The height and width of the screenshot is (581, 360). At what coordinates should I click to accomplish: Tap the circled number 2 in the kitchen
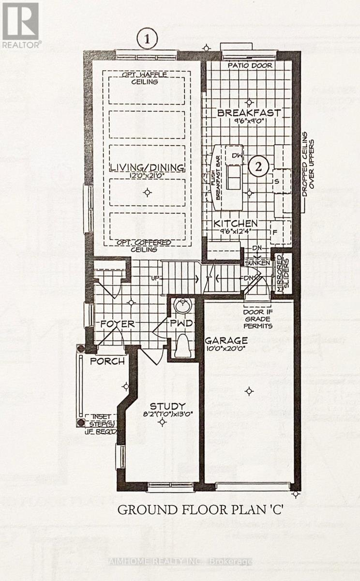(x=260, y=167)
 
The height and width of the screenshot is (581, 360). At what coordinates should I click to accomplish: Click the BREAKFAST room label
(x=249, y=113)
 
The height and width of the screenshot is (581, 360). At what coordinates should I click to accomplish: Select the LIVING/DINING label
(x=147, y=168)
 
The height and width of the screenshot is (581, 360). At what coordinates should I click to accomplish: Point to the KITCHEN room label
(x=236, y=223)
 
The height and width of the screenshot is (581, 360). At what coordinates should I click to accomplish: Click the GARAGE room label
(x=226, y=340)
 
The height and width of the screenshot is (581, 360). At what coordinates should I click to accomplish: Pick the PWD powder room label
(x=182, y=323)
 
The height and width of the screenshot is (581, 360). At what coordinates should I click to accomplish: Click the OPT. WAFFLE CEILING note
(x=147, y=78)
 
